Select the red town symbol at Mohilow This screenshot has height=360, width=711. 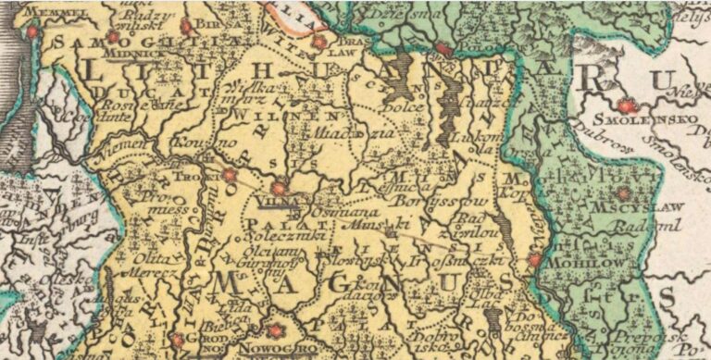(x=533, y=262)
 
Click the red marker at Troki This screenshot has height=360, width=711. (x=230, y=174)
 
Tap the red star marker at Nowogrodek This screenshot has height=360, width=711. (x=274, y=331)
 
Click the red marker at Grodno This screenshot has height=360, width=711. (x=176, y=340)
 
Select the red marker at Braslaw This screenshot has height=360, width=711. (x=319, y=42)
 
